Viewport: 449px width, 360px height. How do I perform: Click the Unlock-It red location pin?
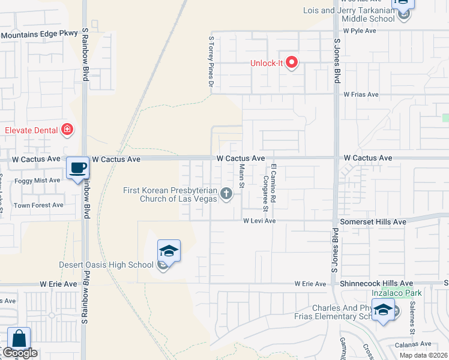pos(292,62)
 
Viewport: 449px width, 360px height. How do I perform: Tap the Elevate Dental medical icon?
pos(67,130)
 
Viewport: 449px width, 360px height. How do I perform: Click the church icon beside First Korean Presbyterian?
pos(226,193)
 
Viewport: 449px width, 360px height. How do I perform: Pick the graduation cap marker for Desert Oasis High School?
pos(169,251)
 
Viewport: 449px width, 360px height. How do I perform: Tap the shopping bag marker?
pos(19,339)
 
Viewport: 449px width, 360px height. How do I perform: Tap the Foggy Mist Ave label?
pos(38,180)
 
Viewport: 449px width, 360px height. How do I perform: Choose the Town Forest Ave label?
pos(39,205)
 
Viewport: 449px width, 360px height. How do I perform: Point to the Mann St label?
pos(241,176)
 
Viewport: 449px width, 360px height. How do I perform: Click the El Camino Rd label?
pos(273,182)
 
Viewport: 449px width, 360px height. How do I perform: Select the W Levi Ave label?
pos(259,221)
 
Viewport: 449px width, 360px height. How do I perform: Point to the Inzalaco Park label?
pos(396,293)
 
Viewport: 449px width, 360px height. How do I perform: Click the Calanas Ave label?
pos(414,344)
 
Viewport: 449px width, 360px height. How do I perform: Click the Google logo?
pos(20,353)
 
